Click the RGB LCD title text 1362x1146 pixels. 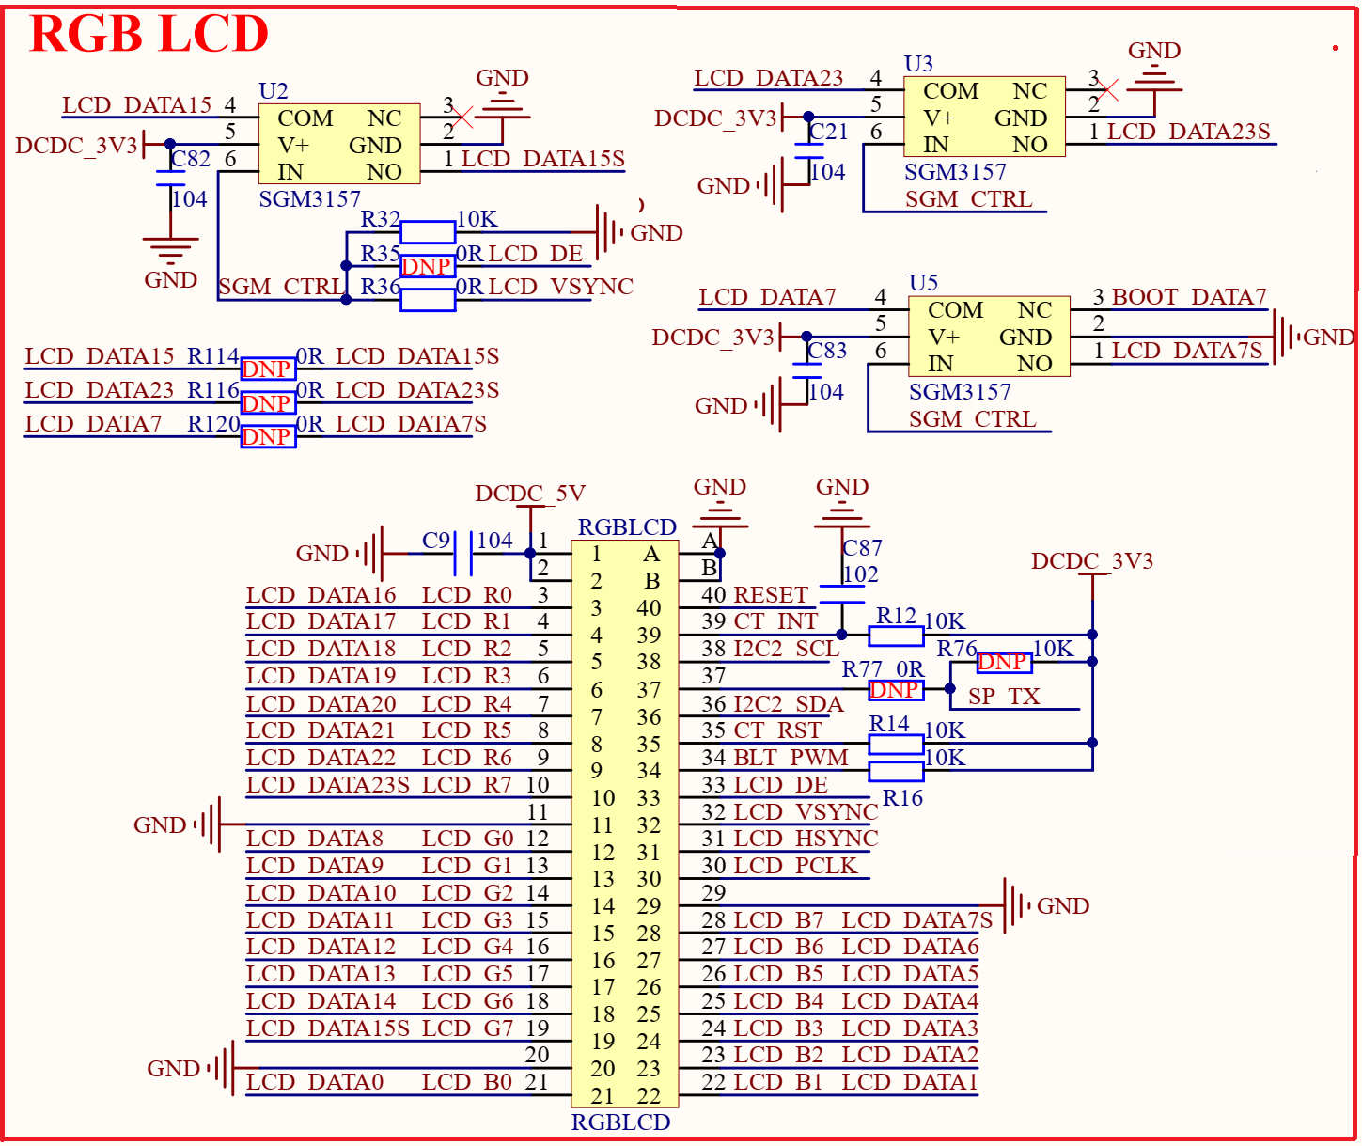[149, 34]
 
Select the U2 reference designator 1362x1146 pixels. [273, 91]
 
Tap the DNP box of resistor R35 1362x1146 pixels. [427, 266]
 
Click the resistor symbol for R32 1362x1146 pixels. [428, 232]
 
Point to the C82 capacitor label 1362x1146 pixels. [191, 159]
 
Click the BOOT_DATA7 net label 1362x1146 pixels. [1189, 297]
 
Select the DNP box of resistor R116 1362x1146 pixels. [268, 402]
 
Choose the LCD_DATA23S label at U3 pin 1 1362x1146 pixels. [1188, 132]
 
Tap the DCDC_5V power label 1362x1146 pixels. [530, 494]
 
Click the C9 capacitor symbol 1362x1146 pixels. [462, 554]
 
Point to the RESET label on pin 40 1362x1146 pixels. [771, 595]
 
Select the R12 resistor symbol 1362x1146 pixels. [896, 636]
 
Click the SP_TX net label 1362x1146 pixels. [1004, 697]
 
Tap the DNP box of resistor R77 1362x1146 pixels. [894, 690]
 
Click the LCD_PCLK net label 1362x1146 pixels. [795, 866]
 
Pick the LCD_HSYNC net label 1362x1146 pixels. [806, 839]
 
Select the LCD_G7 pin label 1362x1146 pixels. [467, 1028]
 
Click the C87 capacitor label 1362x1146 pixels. [862, 548]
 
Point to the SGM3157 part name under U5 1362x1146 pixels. [960, 392]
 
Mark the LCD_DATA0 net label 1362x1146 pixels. [315, 1083]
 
